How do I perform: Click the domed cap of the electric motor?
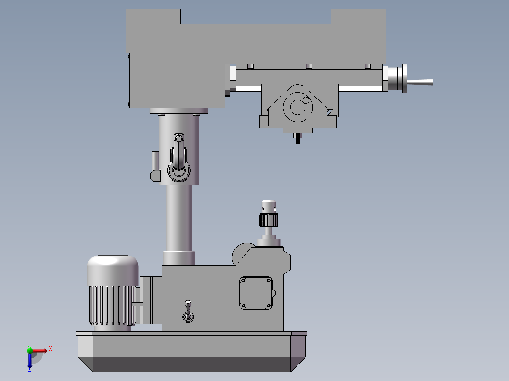tap(113, 270)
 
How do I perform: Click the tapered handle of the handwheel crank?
tap(420, 83)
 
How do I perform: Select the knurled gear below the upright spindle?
tap(269, 220)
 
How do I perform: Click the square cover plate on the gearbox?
tap(256, 293)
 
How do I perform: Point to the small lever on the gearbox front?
tap(188, 311)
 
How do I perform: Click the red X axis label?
tap(51, 349)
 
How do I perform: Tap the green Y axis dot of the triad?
tap(30, 350)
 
